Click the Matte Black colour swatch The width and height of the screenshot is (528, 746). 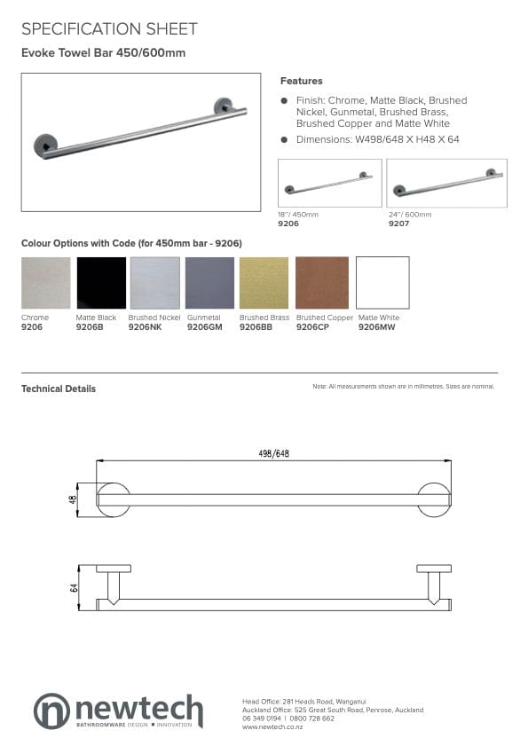[x=101, y=283]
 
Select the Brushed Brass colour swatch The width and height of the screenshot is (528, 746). [x=264, y=283]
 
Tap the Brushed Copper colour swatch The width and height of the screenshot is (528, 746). [x=322, y=283]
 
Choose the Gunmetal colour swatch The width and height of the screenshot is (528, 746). [x=210, y=283]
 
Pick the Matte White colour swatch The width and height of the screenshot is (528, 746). [x=382, y=283]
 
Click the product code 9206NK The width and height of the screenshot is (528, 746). [x=145, y=327]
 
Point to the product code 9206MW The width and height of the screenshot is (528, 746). [x=374, y=327]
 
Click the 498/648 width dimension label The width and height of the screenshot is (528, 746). [x=274, y=453]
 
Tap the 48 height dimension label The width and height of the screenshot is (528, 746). [x=73, y=499]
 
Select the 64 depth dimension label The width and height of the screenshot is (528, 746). [x=75, y=586]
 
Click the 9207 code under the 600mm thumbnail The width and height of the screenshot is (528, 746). [x=398, y=224]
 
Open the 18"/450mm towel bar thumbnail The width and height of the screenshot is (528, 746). [x=329, y=184]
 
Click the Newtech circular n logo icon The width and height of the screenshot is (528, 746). [x=51, y=711]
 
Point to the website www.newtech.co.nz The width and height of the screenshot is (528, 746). [x=272, y=726]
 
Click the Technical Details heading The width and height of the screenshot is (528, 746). [x=59, y=389]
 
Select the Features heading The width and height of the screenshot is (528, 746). [x=302, y=81]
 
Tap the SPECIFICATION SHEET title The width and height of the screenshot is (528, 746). [x=109, y=29]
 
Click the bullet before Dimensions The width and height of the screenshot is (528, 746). [x=284, y=139]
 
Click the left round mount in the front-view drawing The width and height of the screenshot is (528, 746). [x=114, y=499]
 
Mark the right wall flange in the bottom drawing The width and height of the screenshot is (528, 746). [x=434, y=569]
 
